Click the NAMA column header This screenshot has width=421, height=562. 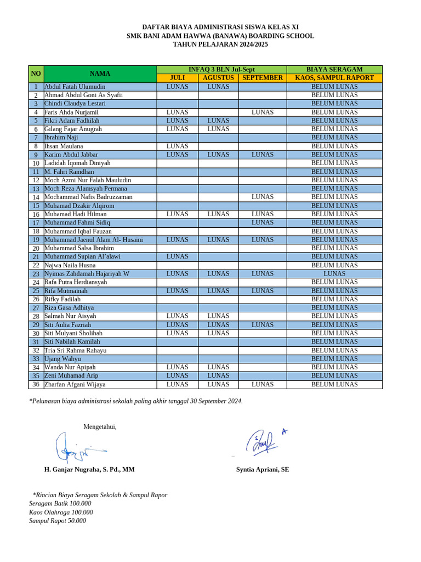tap(100, 74)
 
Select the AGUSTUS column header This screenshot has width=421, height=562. tap(218, 78)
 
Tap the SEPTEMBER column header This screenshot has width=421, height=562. tap(263, 78)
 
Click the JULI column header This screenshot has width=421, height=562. tap(178, 78)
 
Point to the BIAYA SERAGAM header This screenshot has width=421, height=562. tap(334, 69)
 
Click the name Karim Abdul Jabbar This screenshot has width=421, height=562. tap(71, 155)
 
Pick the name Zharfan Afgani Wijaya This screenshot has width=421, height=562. tap(75, 384)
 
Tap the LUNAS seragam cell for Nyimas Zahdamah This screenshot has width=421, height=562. tap(334, 273)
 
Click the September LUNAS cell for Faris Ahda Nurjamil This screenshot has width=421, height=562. tap(263, 112)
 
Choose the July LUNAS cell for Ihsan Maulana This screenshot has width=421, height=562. tap(177, 146)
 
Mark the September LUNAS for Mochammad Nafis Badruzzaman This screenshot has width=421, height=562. tap(263, 197)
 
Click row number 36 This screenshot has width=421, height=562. tap(36, 384)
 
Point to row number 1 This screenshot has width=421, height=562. tap(36, 87)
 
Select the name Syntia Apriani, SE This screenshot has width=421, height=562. tap(263, 470)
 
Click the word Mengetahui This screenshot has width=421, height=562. tap(100, 427)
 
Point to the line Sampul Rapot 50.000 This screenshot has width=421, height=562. tap(58, 521)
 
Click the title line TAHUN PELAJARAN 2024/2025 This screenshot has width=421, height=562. tap(220, 44)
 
